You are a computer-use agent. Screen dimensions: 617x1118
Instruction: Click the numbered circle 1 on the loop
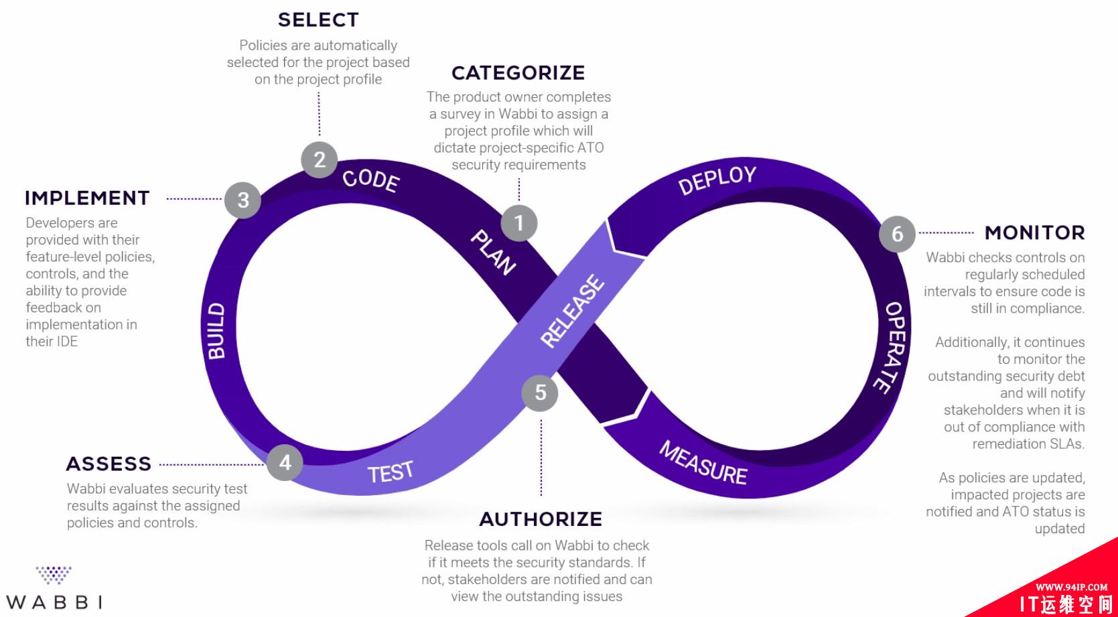coord(519,223)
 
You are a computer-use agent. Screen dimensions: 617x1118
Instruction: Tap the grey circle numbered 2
coord(320,159)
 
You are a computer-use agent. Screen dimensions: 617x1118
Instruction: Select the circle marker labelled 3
coord(243,200)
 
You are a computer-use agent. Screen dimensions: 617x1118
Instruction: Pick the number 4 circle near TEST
coord(285,462)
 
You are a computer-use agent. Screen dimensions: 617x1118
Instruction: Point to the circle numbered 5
coord(540,393)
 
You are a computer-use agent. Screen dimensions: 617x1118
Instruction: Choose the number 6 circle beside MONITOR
coord(897,234)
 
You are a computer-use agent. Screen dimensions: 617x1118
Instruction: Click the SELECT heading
coord(318,20)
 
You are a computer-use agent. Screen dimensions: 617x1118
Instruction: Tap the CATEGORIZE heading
coord(518,72)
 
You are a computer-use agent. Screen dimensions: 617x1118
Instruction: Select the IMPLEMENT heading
coord(87,198)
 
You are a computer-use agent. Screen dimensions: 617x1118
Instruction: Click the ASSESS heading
coord(109,464)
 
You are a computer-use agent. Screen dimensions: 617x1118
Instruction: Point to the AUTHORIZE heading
coord(541,519)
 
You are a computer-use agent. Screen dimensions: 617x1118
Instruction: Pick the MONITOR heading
coord(1034,232)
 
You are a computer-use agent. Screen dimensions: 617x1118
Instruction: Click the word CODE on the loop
coord(371,180)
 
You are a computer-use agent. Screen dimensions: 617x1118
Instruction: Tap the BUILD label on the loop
coord(216,331)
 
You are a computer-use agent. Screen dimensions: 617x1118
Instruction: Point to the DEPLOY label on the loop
coord(717,180)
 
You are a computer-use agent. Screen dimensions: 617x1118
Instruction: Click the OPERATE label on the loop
coord(892,346)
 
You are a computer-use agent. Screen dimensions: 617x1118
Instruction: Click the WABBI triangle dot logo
coord(54,575)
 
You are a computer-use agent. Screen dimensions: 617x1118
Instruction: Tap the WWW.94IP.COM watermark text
coord(1071,587)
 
